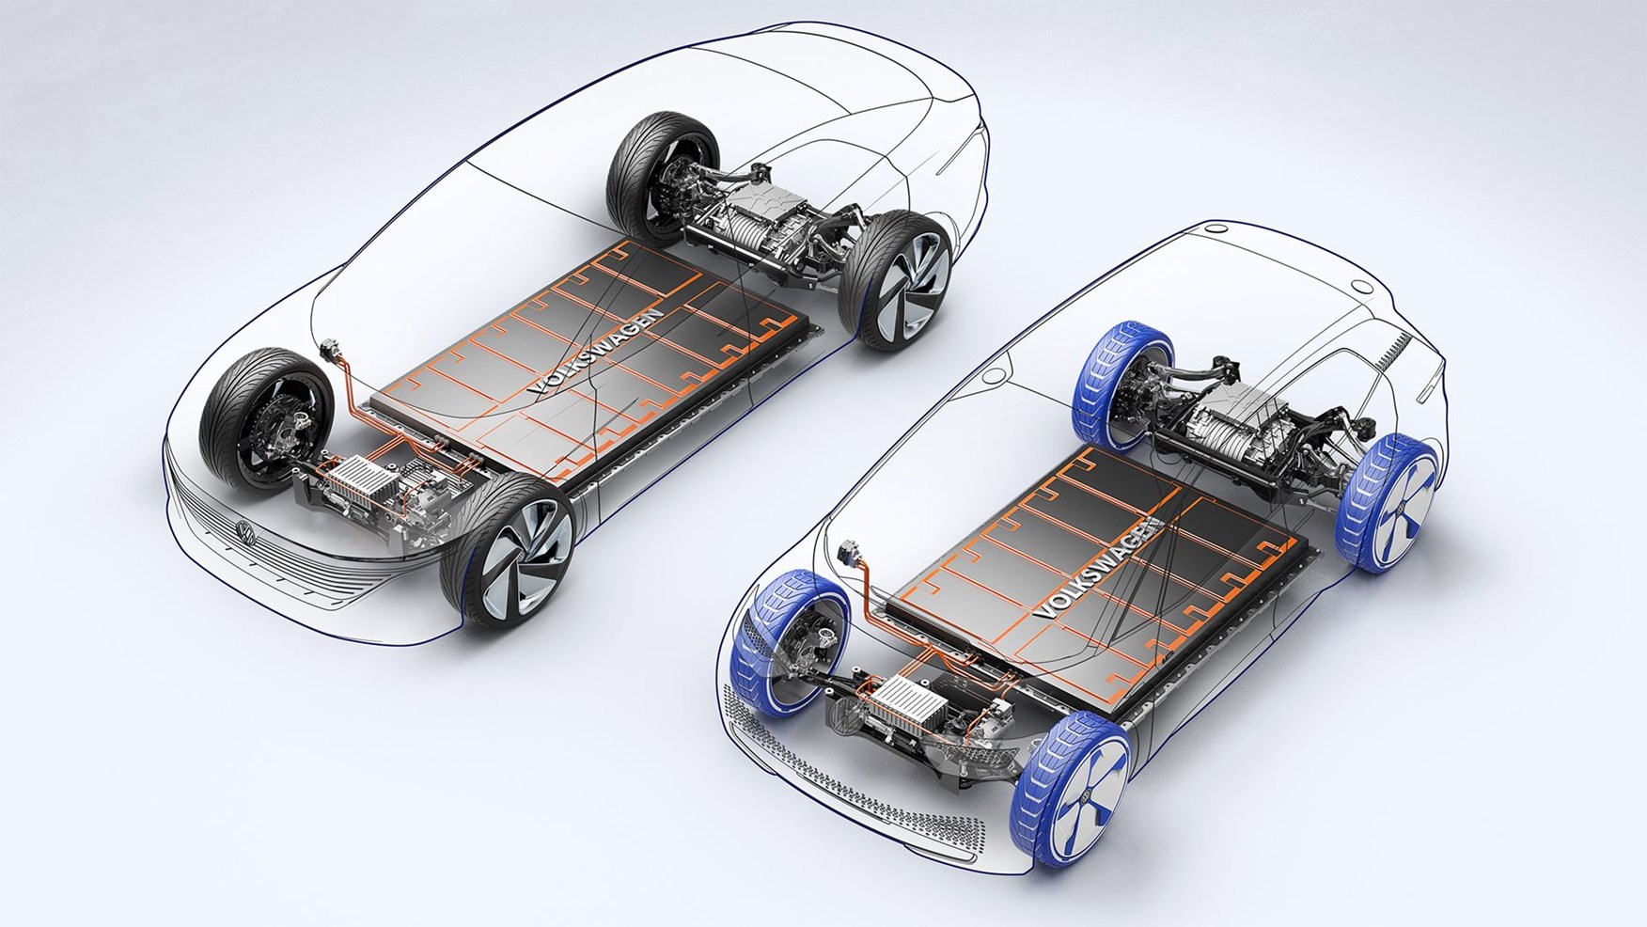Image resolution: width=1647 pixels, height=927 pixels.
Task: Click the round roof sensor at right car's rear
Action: pyautogui.click(x=1357, y=283)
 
